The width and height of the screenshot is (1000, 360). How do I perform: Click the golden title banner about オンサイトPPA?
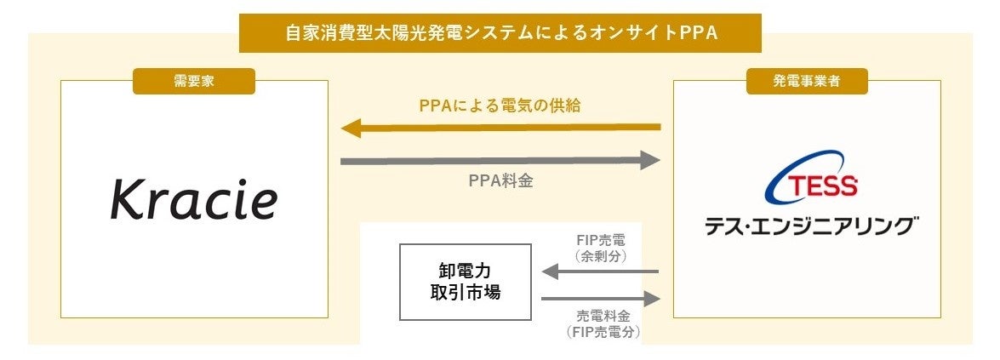[x=500, y=33]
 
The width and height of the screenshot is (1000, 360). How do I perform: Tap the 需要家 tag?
[x=194, y=81]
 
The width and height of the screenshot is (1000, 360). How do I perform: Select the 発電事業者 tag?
[x=807, y=81]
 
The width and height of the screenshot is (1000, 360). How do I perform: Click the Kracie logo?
[x=194, y=201]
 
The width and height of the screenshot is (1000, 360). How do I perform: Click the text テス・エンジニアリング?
[x=811, y=226]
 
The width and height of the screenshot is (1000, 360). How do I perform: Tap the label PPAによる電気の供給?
[x=500, y=106]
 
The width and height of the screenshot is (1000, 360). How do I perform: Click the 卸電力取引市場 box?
[x=465, y=282]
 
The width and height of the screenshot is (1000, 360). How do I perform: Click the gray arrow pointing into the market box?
[x=600, y=271]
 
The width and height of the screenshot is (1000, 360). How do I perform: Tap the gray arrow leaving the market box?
[x=600, y=299]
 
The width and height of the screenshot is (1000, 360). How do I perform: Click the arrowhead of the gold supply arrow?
[x=351, y=129]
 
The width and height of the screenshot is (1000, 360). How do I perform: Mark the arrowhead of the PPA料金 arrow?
[x=651, y=160]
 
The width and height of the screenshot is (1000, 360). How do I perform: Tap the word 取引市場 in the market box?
[x=465, y=293]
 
